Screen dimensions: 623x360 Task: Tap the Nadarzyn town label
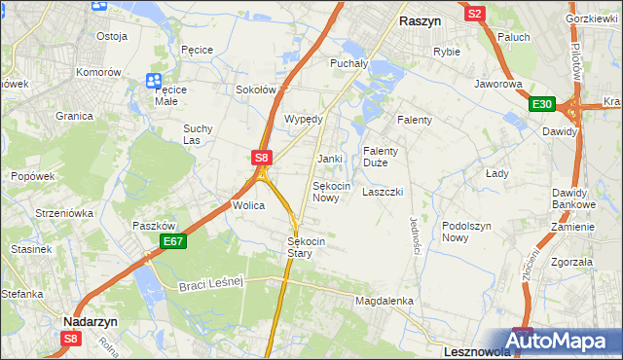tap(91, 318)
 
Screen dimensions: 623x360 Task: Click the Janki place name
tap(330, 159)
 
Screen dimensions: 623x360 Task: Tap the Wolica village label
tap(249, 206)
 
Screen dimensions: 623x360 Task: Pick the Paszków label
tap(153, 226)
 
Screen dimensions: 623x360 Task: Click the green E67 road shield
tap(172, 241)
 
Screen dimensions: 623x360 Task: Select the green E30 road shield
tap(542, 105)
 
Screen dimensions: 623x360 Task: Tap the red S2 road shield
tap(475, 14)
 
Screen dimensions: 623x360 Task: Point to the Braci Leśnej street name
tap(210, 283)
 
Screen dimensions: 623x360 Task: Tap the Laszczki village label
tap(383, 192)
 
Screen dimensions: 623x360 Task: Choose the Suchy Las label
tap(198, 134)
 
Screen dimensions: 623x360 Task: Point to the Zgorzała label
tap(571, 262)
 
